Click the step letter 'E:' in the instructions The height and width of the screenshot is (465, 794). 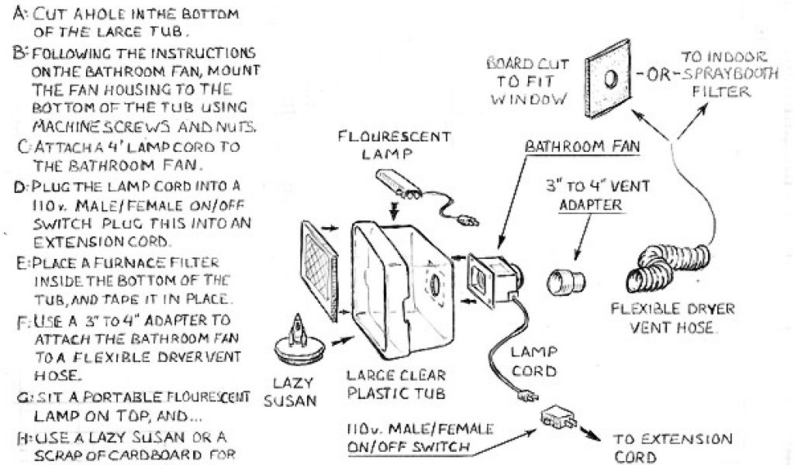[21, 263]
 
